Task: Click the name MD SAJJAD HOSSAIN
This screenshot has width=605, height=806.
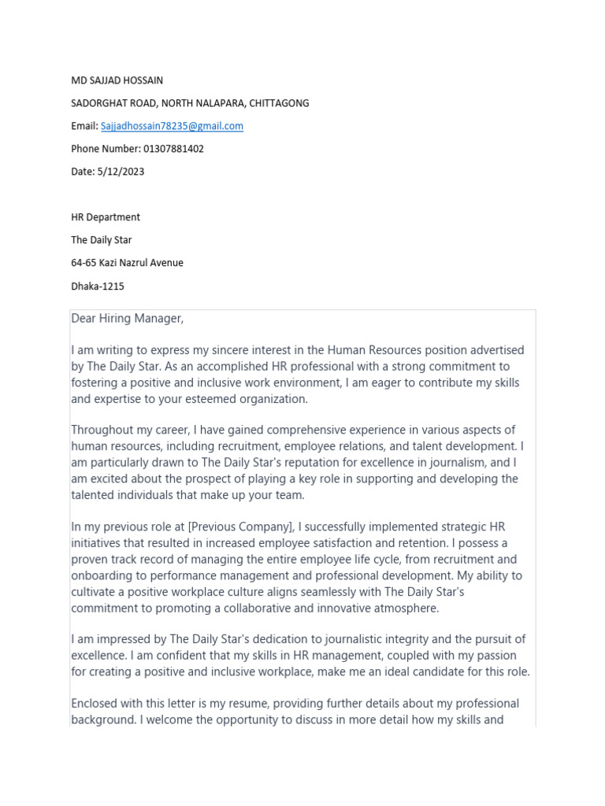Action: (117, 80)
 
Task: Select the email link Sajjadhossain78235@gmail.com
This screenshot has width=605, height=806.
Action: (172, 126)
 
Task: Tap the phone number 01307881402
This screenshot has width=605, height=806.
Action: (173, 149)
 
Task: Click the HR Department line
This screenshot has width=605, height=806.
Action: (106, 217)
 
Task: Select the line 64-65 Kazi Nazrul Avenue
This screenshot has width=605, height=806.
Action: (127, 263)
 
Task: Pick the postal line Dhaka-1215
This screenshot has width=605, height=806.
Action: (98, 287)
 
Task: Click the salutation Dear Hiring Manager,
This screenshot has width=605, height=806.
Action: (127, 318)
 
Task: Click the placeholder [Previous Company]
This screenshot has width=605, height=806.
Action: (240, 527)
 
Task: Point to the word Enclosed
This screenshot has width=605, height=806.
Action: (95, 703)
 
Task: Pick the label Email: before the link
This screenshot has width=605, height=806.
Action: (84, 126)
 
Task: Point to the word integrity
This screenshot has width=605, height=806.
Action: (409, 639)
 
